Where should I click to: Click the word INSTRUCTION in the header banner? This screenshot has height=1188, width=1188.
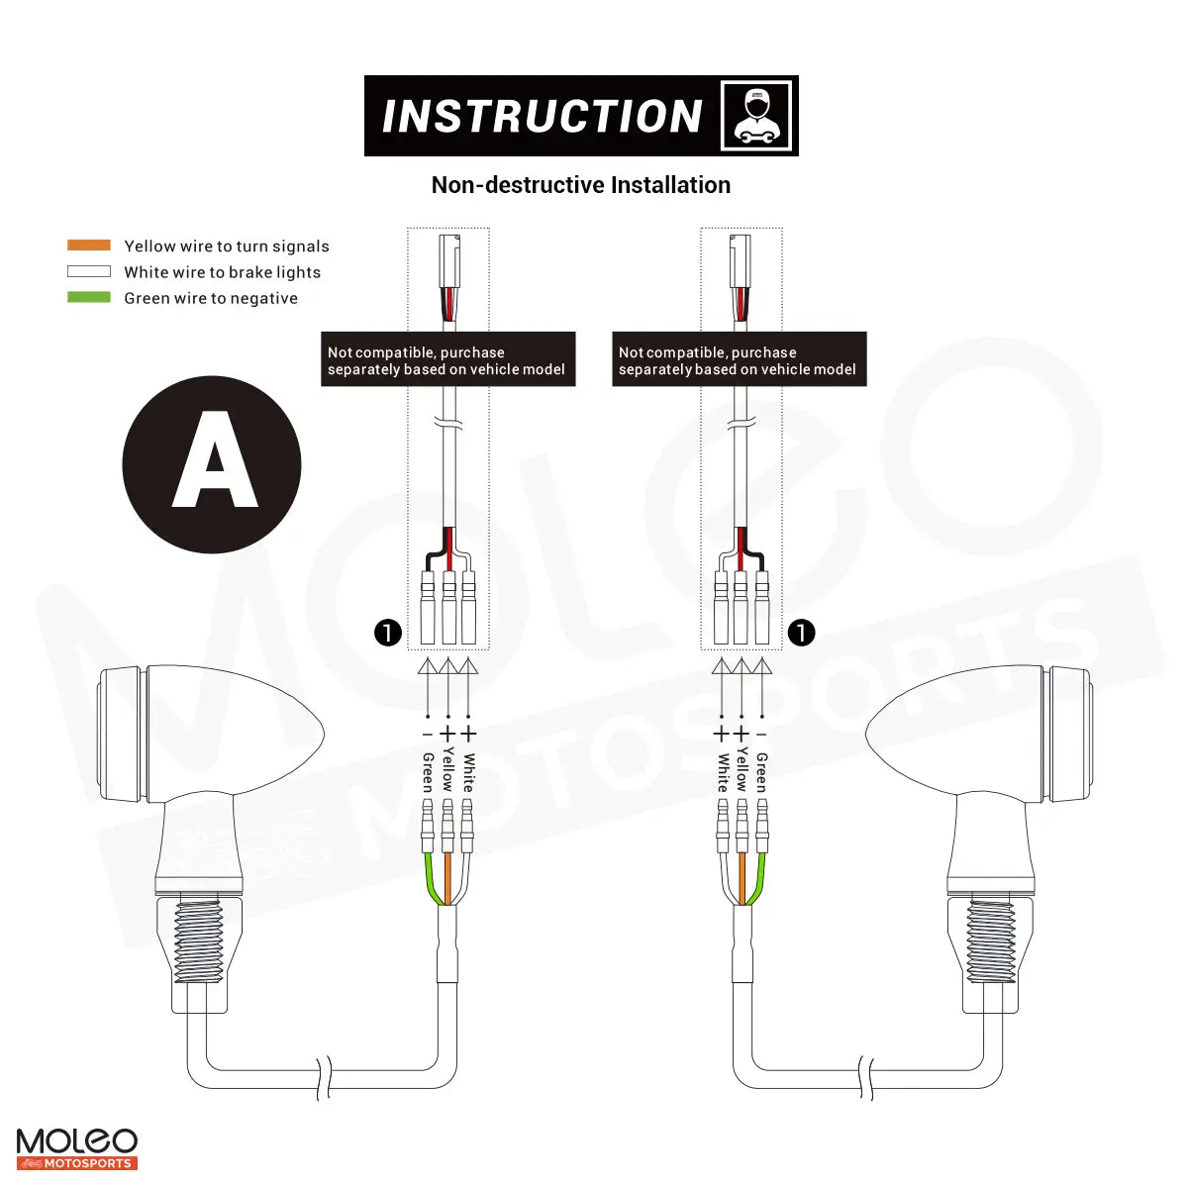(542, 117)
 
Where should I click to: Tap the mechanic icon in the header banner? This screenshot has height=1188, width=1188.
(756, 116)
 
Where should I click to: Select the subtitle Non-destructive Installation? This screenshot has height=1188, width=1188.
(581, 185)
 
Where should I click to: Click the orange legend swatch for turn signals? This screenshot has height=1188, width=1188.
(89, 246)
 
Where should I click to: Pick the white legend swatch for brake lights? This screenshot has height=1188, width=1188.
(89, 271)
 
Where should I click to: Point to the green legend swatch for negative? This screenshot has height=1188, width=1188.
(89, 297)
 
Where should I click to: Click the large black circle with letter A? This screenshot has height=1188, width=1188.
(212, 464)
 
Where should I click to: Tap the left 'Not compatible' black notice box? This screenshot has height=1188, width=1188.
(447, 359)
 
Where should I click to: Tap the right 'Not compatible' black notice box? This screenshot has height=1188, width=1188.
(739, 359)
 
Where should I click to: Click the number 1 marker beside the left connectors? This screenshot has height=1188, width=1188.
(388, 632)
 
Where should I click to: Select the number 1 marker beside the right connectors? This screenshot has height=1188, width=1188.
(801, 632)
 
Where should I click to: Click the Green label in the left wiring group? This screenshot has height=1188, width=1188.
(428, 772)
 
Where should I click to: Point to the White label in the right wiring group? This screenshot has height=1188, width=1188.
(723, 772)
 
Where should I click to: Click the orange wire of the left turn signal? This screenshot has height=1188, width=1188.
(447, 876)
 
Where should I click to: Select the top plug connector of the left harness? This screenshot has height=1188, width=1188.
(449, 259)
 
